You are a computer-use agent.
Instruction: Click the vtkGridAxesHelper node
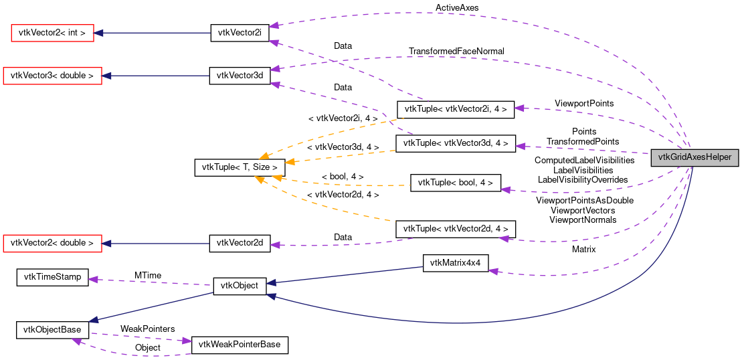tap(695, 158)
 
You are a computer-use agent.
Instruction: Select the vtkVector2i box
tap(240, 32)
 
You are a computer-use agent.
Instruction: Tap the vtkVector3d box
tap(240, 76)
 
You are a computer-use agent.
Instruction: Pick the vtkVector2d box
tap(240, 244)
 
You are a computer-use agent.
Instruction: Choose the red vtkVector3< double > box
tap(53, 76)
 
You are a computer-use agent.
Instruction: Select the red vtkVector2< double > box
tap(53, 243)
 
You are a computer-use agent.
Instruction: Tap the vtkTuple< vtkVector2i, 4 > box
tap(455, 109)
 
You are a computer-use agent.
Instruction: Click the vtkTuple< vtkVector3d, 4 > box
tap(455, 143)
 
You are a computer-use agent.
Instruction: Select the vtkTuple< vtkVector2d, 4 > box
tap(455, 229)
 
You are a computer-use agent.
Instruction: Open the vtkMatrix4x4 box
tap(455, 263)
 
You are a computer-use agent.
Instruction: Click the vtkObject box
tap(240, 286)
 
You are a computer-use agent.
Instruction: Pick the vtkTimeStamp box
tap(52, 278)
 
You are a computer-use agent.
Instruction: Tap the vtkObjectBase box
tap(52, 329)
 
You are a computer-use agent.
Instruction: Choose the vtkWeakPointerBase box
tap(240, 345)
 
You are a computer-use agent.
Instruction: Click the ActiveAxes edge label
tap(457, 8)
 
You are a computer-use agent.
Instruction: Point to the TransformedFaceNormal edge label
tap(456, 52)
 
